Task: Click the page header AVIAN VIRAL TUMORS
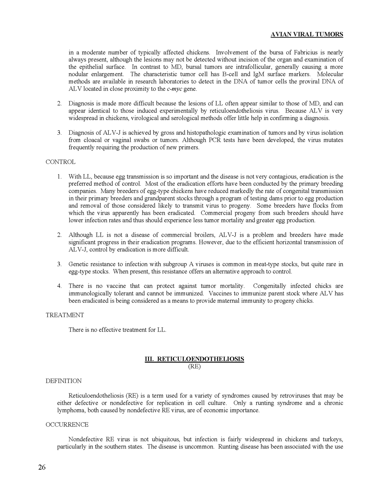[307, 35]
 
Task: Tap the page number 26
[42, 467]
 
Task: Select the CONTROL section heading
[60, 162]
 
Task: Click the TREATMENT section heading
[65, 315]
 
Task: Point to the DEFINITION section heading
[63, 381]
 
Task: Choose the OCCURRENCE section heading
[67, 425]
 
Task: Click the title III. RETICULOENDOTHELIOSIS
[194, 359]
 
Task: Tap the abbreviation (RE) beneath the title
[194, 367]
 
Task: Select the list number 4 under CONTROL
[59, 286]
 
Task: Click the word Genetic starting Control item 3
[79, 264]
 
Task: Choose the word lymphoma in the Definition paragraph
[71, 410]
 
